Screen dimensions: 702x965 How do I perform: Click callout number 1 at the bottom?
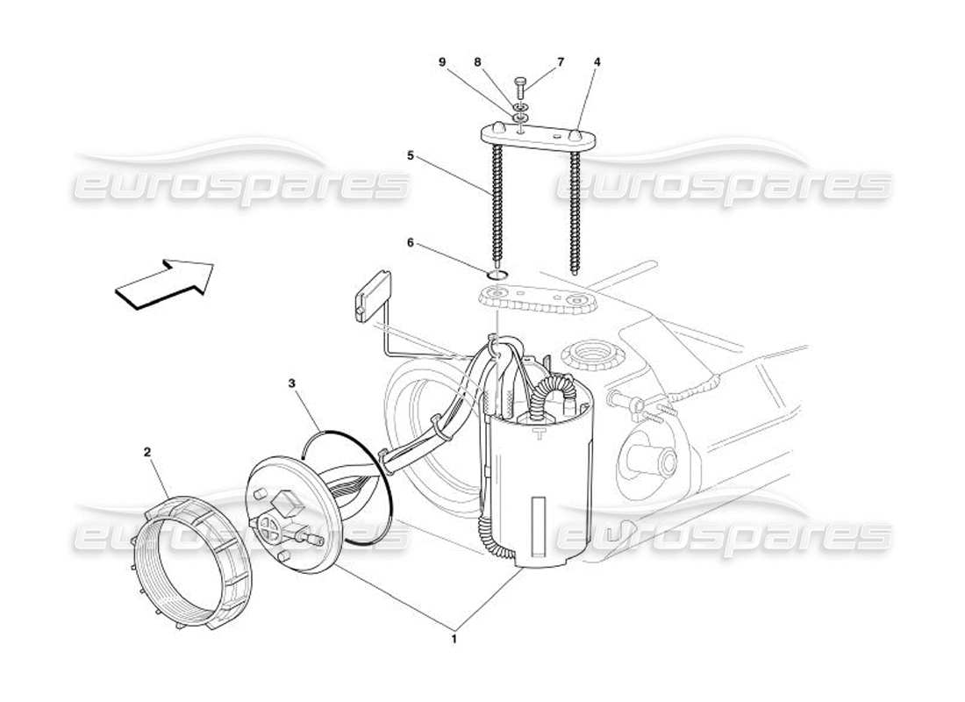pos(454,640)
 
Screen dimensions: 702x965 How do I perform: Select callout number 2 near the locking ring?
pos(147,452)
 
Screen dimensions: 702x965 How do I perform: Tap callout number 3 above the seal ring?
pos(291,383)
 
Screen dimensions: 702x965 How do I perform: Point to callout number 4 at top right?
pos(597,62)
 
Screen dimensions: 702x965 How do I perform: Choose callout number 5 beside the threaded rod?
pos(410,155)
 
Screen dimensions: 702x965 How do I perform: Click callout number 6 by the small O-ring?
pos(410,243)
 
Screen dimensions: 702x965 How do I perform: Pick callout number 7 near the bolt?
pos(561,62)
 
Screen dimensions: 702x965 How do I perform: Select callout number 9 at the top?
pos(442,62)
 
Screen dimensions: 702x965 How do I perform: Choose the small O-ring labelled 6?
pos(497,276)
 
